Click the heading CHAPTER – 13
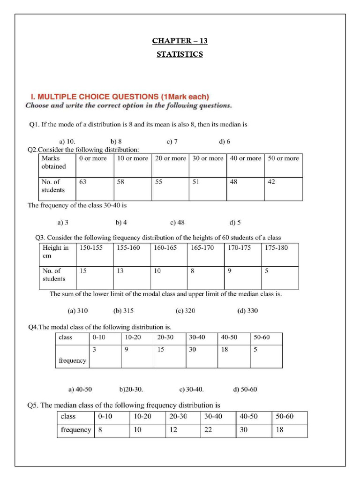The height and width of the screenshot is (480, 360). (180, 41)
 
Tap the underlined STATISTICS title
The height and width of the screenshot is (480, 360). (180, 54)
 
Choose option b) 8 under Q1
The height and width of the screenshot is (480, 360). (116, 141)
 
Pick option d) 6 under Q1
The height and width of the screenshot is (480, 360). (225, 141)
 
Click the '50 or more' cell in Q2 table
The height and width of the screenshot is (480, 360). (283, 158)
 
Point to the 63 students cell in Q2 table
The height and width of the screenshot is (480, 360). (83, 182)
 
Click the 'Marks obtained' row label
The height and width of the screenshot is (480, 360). (54, 162)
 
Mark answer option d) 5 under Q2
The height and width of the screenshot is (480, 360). (235, 222)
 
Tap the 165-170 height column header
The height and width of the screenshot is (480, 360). (202, 248)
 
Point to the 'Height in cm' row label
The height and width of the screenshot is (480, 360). (55, 252)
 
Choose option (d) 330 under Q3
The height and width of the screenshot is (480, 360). (247, 310)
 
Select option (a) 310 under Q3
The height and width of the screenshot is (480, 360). (78, 310)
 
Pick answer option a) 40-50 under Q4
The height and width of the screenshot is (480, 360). (80, 389)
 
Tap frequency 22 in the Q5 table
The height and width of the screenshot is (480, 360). (208, 429)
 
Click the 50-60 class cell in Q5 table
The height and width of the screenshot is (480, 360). (285, 416)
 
